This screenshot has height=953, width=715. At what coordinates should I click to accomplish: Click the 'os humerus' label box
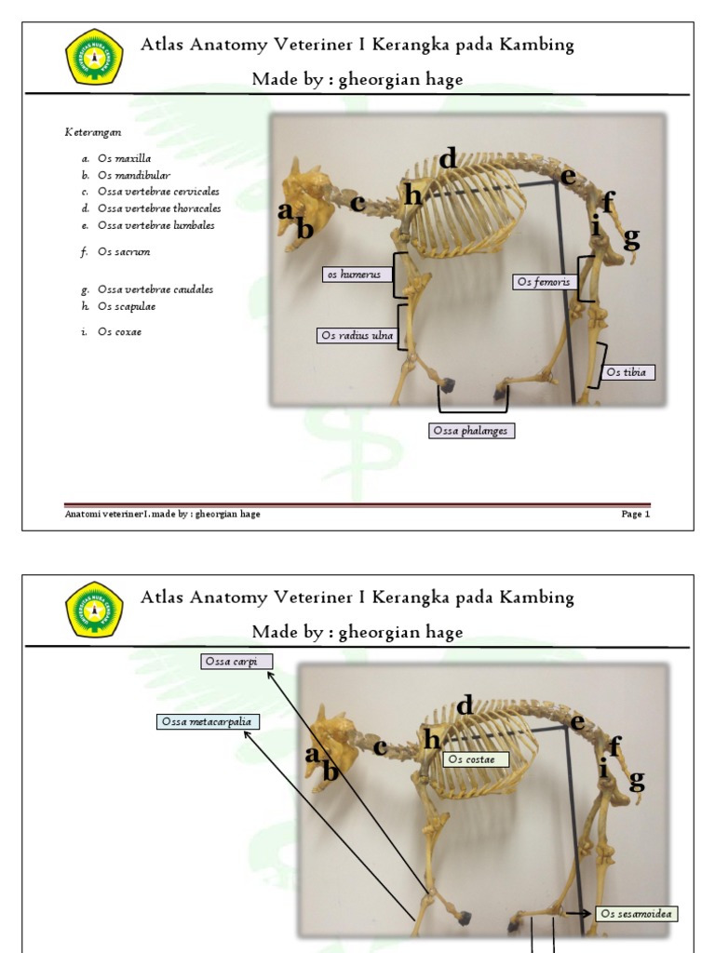click(x=354, y=275)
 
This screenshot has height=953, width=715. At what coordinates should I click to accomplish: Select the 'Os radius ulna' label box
click(x=356, y=336)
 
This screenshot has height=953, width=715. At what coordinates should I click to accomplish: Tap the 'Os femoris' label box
click(x=545, y=281)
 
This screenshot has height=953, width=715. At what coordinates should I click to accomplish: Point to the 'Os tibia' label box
click(x=627, y=372)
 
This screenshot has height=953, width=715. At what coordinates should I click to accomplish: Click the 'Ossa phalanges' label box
click(x=472, y=431)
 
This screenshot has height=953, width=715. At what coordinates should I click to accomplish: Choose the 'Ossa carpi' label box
click(x=236, y=662)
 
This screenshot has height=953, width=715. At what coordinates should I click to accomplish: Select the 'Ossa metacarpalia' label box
click(x=209, y=721)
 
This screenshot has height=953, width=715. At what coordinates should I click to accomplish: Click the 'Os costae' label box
click(x=476, y=759)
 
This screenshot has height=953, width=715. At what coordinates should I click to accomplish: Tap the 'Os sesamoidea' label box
click(x=636, y=914)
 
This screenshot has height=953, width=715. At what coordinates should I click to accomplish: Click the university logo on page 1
click(x=94, y=57)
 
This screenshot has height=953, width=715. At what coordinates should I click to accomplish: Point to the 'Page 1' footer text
click(x=636, y=515)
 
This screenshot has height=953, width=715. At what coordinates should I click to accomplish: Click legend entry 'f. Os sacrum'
click(x=116, y=252)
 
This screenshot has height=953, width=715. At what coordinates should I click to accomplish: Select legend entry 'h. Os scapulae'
click(x=118, y=306)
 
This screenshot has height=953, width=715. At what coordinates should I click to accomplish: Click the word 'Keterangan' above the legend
click(x=93, y=132)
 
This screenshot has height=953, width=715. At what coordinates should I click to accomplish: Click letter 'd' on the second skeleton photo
click(x=464, y=705)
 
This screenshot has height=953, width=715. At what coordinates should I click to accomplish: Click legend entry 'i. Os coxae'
click(x=114, y=332)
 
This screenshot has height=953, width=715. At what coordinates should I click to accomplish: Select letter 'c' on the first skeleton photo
click(x=357, y=202)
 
